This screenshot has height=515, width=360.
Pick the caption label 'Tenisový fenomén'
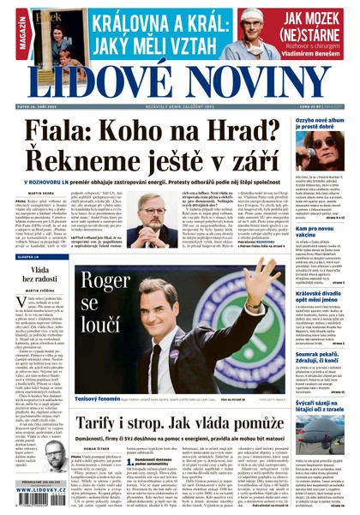pyautogui.click(x=95, y=374)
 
